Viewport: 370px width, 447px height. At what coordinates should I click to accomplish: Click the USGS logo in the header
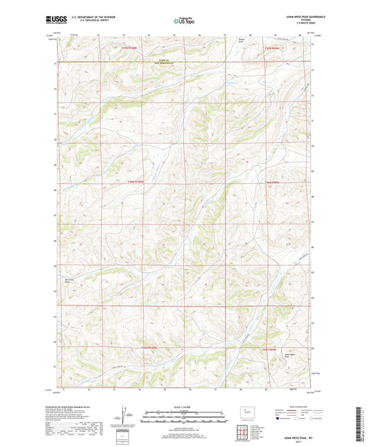tap(53, 21)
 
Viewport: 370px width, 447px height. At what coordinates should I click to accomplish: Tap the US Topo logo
tap(183, 22)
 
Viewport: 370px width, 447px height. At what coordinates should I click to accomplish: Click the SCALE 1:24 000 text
tap(185, 407)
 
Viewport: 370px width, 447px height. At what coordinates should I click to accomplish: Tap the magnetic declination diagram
tap(126, 416)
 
